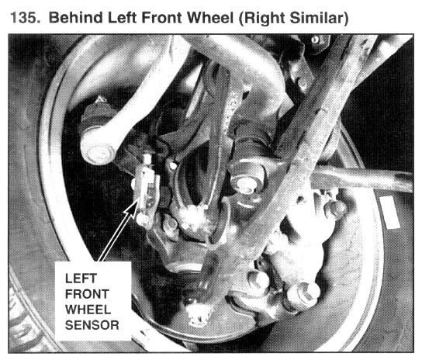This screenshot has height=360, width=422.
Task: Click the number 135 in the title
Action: (26, 18)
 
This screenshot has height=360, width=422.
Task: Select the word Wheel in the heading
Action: (210, 18)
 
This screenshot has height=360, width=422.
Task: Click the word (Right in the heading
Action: (261, 19)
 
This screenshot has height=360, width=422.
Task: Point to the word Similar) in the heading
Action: (319, 19)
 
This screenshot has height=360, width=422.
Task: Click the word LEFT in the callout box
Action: (81, 279)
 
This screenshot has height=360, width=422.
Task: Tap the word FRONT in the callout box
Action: (87, 294)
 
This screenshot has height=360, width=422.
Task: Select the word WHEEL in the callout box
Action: (88, 310)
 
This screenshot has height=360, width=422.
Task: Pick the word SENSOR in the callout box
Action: (92, 325)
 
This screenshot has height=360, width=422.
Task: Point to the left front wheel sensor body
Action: (147, 189)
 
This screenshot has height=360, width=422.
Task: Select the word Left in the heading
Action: (123, 18)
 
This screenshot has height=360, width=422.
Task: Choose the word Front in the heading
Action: (162, 18)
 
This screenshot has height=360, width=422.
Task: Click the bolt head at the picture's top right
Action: (315, 40)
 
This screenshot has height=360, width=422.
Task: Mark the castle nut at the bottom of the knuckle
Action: (199, 313)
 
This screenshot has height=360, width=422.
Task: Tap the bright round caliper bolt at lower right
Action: (305, 295)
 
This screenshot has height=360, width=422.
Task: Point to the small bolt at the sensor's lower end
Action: (143, 219)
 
